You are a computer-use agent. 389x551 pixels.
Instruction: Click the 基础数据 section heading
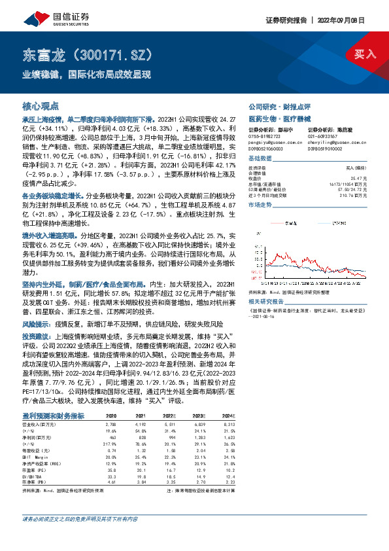pos(259,159)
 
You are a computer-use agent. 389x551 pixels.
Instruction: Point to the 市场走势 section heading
pos(259,205)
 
